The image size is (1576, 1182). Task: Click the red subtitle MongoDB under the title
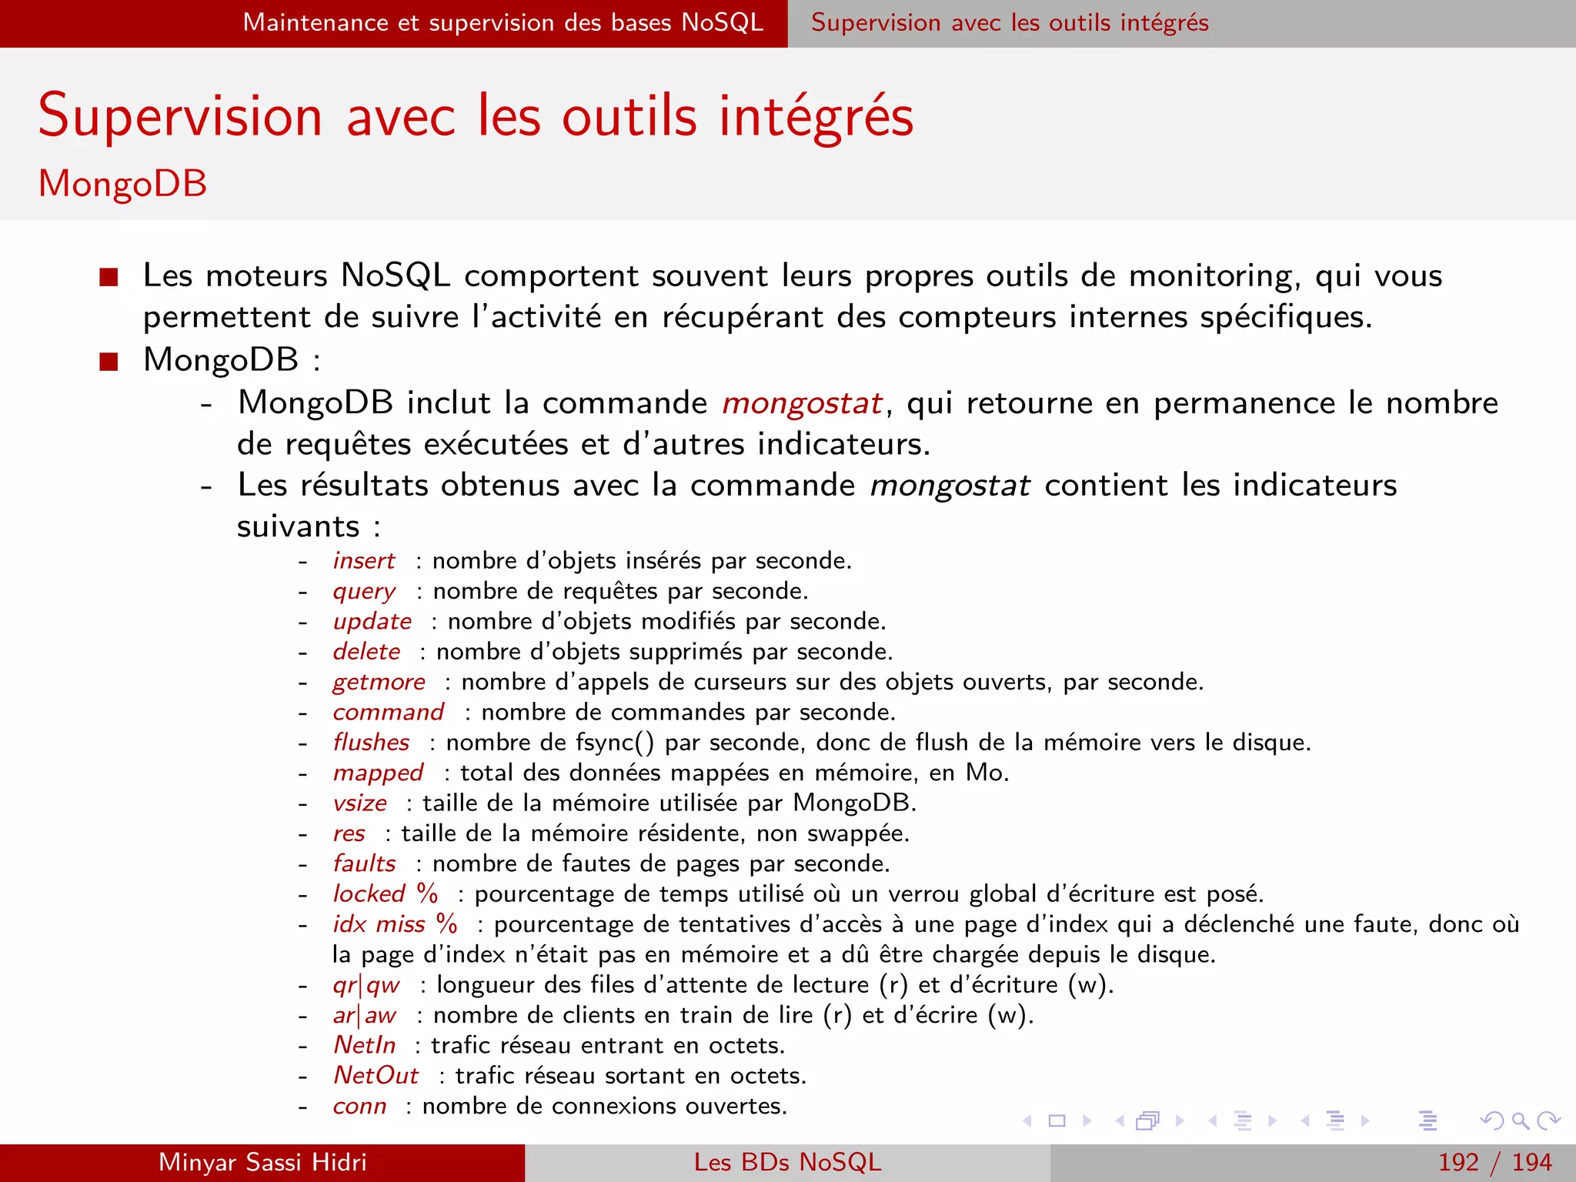123,184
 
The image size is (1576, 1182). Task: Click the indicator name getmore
379,682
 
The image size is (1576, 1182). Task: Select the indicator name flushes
371,743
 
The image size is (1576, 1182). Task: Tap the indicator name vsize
359,803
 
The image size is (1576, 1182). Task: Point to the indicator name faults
364,863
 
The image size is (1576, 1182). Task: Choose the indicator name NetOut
376,1076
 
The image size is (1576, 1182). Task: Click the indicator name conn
359,1106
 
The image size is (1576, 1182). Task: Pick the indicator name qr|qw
366,985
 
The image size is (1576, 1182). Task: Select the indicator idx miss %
395,924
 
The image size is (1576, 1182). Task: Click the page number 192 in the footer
1458,1162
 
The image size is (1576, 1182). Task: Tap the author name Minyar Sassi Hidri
262,1162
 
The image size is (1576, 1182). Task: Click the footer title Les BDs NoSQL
787,1162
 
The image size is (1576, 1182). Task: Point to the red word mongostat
802,403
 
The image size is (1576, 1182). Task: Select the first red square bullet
109,277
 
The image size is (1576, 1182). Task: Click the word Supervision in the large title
180,117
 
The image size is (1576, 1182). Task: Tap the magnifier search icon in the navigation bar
1520,1120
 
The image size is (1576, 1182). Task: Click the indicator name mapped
378,773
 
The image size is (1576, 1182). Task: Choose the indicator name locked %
385,894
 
